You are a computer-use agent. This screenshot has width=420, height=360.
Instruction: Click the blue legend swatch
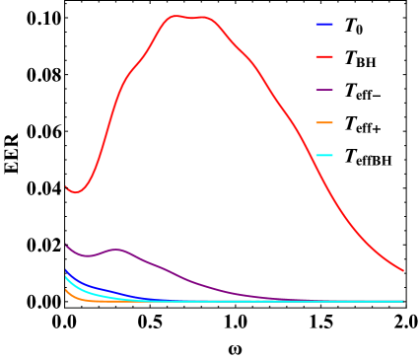(324, 25)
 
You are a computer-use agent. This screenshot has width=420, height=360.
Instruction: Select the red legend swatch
(324, 57)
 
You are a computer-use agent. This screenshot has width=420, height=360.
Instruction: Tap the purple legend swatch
(324, 90)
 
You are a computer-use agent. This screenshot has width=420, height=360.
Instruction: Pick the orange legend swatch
(324, 122)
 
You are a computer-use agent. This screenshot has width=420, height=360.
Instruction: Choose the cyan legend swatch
(324, 155)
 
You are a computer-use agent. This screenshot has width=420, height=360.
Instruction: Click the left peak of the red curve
(175, 16)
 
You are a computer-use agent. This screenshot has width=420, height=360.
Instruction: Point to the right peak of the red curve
(203, 17)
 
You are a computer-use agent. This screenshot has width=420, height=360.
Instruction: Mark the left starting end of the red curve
(66, 186)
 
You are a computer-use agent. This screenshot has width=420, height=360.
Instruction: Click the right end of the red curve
(403, 270)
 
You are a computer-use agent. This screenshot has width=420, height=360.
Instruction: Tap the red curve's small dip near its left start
(76, 192)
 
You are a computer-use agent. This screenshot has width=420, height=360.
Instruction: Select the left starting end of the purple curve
(66, 244)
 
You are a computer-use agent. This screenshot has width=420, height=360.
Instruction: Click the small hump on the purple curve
(116, 250)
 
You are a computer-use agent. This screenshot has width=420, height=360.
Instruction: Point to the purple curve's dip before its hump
(87, 256)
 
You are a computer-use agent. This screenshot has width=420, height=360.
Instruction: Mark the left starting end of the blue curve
(66, 269)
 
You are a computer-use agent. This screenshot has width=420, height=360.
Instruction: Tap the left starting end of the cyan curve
(66, 277)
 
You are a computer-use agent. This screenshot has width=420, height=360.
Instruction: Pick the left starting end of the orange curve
(66, 289)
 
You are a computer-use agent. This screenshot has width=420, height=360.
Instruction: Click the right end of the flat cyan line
(403, 301)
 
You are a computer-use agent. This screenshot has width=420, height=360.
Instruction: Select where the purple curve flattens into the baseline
(296, 300)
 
